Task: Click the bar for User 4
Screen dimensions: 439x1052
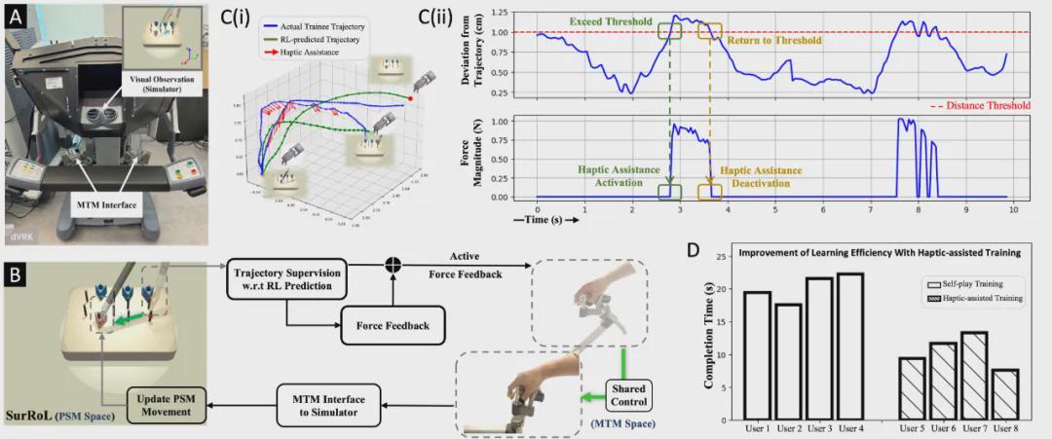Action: coord(849,347)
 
